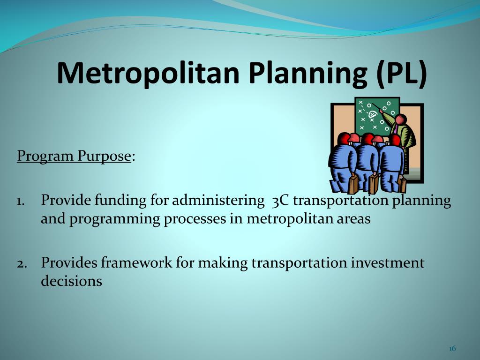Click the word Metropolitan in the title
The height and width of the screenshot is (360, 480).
[x=148, y=73]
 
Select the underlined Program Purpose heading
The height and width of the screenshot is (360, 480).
[x=74, y=157]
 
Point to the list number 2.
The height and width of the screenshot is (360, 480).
[x=22, y=264]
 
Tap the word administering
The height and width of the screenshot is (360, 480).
[x=218, y=201]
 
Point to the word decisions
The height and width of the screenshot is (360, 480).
[x=71, y=281]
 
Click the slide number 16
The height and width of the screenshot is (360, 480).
[x=452, y=348]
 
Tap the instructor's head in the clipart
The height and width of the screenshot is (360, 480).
[x=401, y=120]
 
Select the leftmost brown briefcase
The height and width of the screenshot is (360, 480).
[x=353, y=184]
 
